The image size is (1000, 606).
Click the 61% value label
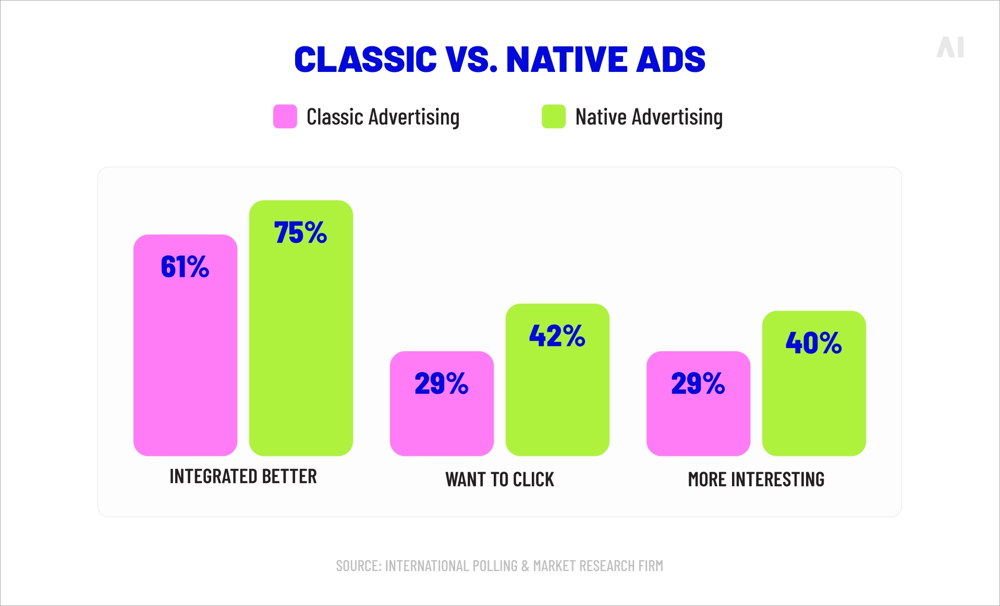click(x=185, y=267)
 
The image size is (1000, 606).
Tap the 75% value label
click(x=300, y=232)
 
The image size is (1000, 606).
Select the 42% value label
click(x=557, y=336)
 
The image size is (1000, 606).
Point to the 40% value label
click(x=813, y=343)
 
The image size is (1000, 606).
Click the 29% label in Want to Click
click(x=441, y=384)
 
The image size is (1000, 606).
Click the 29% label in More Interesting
click(x=698, y=384)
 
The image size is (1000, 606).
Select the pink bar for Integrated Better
click(x=185, y=365)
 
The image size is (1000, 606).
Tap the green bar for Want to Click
click(x=557, y=401)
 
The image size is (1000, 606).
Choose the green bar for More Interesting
click(x=814, y=406)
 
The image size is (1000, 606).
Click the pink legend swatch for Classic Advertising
click(x=285, y=116)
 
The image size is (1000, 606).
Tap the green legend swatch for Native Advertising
click(x=553, y=116)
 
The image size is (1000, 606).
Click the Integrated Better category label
click(x=243, y=476)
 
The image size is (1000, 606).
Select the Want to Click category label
click(x=499, y=479)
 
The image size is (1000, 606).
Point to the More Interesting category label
click(x=756, y=479)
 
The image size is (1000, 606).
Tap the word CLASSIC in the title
click(x=365, y=59)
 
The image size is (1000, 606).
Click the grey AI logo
click(x=950, y=47)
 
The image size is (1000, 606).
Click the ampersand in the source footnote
click(x=525, y=566)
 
